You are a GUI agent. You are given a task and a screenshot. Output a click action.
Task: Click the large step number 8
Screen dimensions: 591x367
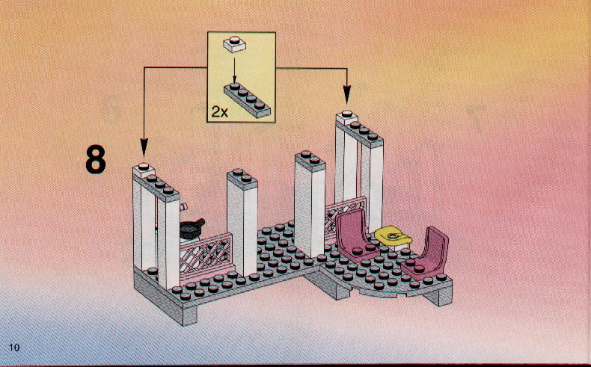96,160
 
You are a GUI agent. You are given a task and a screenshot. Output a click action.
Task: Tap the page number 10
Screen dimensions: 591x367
14,347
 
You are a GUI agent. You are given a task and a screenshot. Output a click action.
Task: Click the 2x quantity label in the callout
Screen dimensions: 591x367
220,112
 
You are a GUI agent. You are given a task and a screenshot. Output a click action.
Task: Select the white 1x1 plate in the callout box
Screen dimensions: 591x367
234,44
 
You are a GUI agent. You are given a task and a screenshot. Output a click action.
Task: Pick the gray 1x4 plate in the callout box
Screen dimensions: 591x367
248,100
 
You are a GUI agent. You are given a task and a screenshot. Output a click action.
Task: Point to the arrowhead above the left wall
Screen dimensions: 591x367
144,147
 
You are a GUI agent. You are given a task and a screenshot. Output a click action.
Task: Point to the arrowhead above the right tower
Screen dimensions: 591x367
347,94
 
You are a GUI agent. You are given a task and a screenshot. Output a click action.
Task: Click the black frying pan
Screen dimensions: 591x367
192,228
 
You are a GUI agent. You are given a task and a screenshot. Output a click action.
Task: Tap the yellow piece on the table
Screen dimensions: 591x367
394,235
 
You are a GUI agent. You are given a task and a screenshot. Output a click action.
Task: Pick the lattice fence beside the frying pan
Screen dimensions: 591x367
206,254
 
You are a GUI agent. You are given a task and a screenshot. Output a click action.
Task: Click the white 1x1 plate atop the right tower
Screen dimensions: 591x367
347,117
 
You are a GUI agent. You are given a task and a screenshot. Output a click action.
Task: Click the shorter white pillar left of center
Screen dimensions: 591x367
242,223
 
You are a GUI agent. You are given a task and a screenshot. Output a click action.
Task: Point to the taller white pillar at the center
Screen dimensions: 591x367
310,203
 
